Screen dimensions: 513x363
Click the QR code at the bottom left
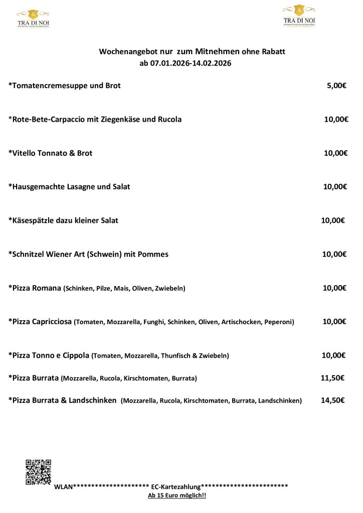point(39,472)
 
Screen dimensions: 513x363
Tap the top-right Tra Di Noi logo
point(299,16)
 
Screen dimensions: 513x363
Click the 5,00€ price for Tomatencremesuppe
point(336,86)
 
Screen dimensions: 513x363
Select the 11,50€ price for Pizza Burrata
point(332,378)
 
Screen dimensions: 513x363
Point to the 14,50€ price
point(332,400)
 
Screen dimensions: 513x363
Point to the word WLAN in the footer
point(63,486)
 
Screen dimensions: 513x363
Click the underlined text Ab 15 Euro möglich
point(177,495)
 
